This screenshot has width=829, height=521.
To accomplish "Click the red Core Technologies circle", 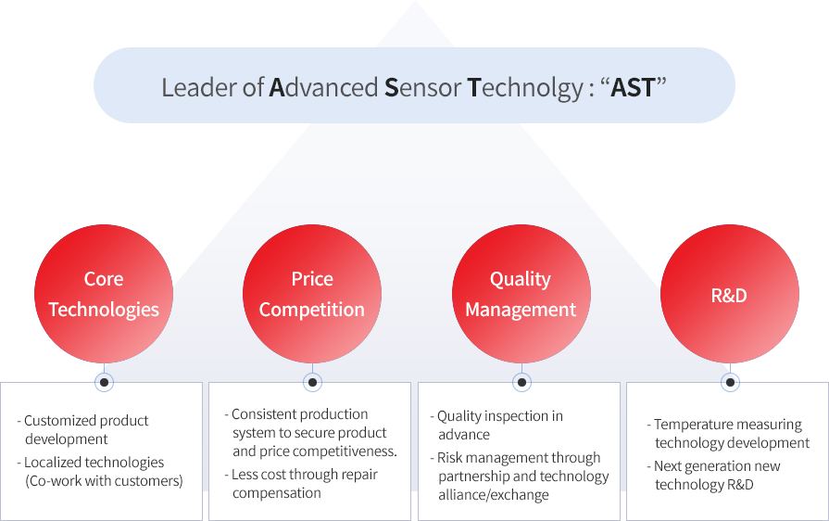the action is [x=104, y=294].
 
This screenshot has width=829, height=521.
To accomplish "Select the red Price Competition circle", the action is [x=312, y=294].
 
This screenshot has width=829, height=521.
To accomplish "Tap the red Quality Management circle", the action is [x=521, y=294].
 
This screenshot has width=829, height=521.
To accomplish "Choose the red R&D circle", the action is [x=730, y=294].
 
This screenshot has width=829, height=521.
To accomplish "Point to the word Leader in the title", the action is [x=199, y=88].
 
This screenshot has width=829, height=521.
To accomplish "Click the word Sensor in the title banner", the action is [x=423, y=88].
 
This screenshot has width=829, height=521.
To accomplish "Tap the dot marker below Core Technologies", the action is [x=104, y=382].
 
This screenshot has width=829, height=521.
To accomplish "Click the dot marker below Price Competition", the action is [x=312, y=382].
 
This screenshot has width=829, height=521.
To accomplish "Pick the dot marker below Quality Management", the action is [x=521, y=382].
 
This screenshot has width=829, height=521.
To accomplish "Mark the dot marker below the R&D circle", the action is [x=730, y=382].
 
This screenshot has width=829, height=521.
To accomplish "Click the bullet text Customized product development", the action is [x=83, y=430].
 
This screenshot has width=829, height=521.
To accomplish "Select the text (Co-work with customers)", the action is [x=104, y=481].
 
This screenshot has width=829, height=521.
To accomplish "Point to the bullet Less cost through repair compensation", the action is [x=301, y=483].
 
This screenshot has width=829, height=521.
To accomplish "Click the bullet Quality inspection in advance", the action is [x=496, y=426].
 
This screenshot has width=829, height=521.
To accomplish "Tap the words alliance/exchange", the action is [x=494, y=495].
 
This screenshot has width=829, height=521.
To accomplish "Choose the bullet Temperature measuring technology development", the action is [x=728, y=433].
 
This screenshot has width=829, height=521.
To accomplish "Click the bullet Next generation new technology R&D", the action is [x=714, y=475].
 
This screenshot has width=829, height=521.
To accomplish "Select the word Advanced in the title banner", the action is [x=323, y=88].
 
